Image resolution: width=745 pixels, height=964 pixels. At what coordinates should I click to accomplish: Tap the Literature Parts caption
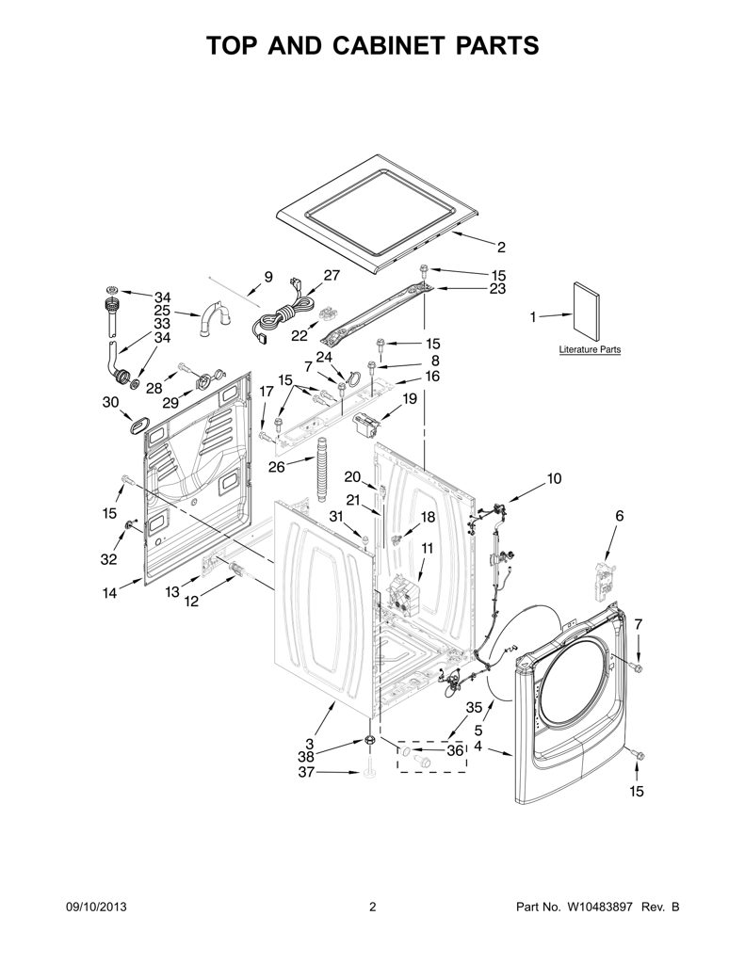click(x=590, y=350)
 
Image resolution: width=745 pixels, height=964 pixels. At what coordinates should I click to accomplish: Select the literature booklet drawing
click(x=588, y=313)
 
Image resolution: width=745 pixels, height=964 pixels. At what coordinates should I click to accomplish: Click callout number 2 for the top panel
click(x=501, y=248)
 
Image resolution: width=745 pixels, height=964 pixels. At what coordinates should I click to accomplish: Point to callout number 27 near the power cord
click(x=332, y=275)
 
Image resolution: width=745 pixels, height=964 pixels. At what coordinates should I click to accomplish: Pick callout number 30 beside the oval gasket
click(x=110, y=403)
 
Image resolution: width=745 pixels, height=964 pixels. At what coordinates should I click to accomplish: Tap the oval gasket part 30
click(x=139, y=425)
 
